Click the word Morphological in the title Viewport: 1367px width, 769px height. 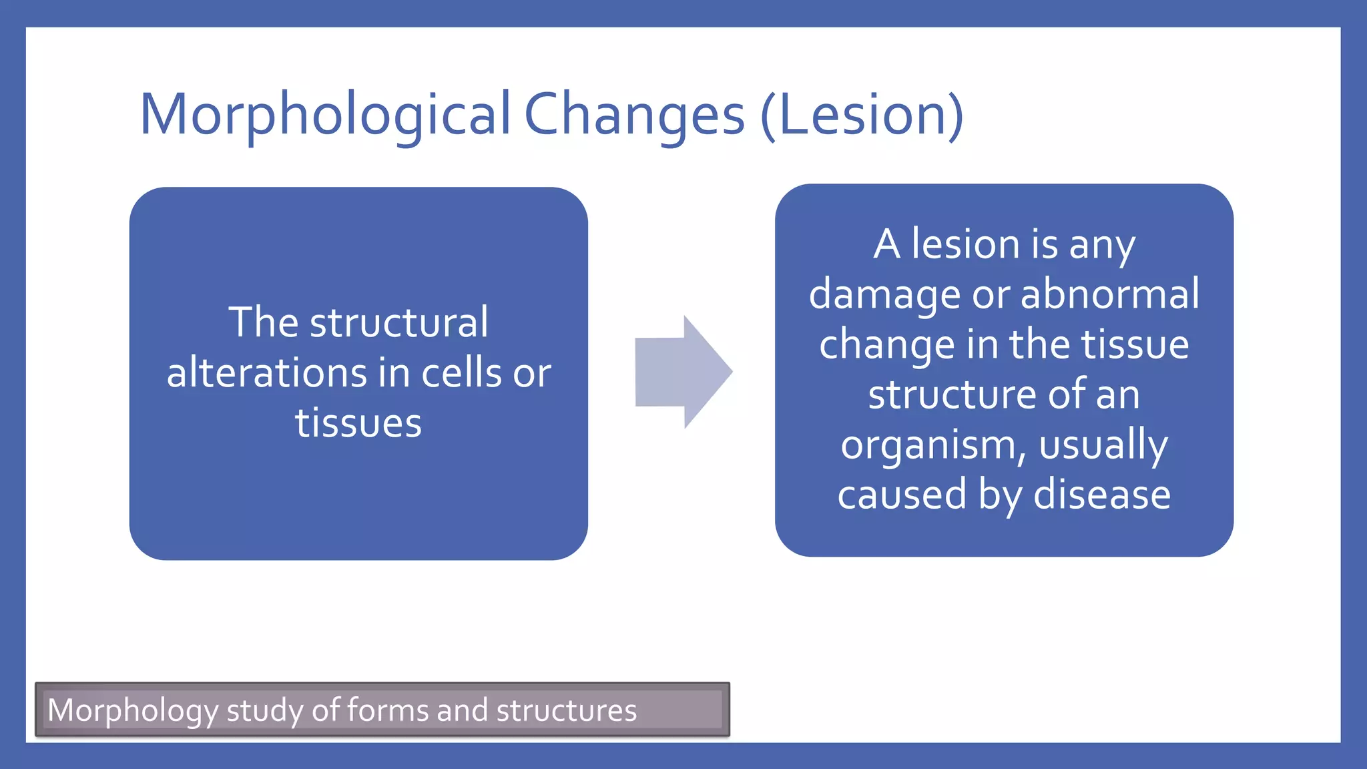(325, 115)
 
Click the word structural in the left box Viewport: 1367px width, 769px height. (398, 322)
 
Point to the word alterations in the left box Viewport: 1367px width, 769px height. (267, 372)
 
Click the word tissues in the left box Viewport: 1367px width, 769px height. (358, 423)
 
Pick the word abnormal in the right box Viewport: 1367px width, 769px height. (1109, 294)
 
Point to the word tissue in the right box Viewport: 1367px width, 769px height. (1135, 344)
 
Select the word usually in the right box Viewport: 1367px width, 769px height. (1103, 446)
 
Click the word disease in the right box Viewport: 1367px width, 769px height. (1102, 495)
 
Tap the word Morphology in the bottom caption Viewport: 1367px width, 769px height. (133, 711)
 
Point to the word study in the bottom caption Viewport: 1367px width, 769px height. (265, 711)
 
